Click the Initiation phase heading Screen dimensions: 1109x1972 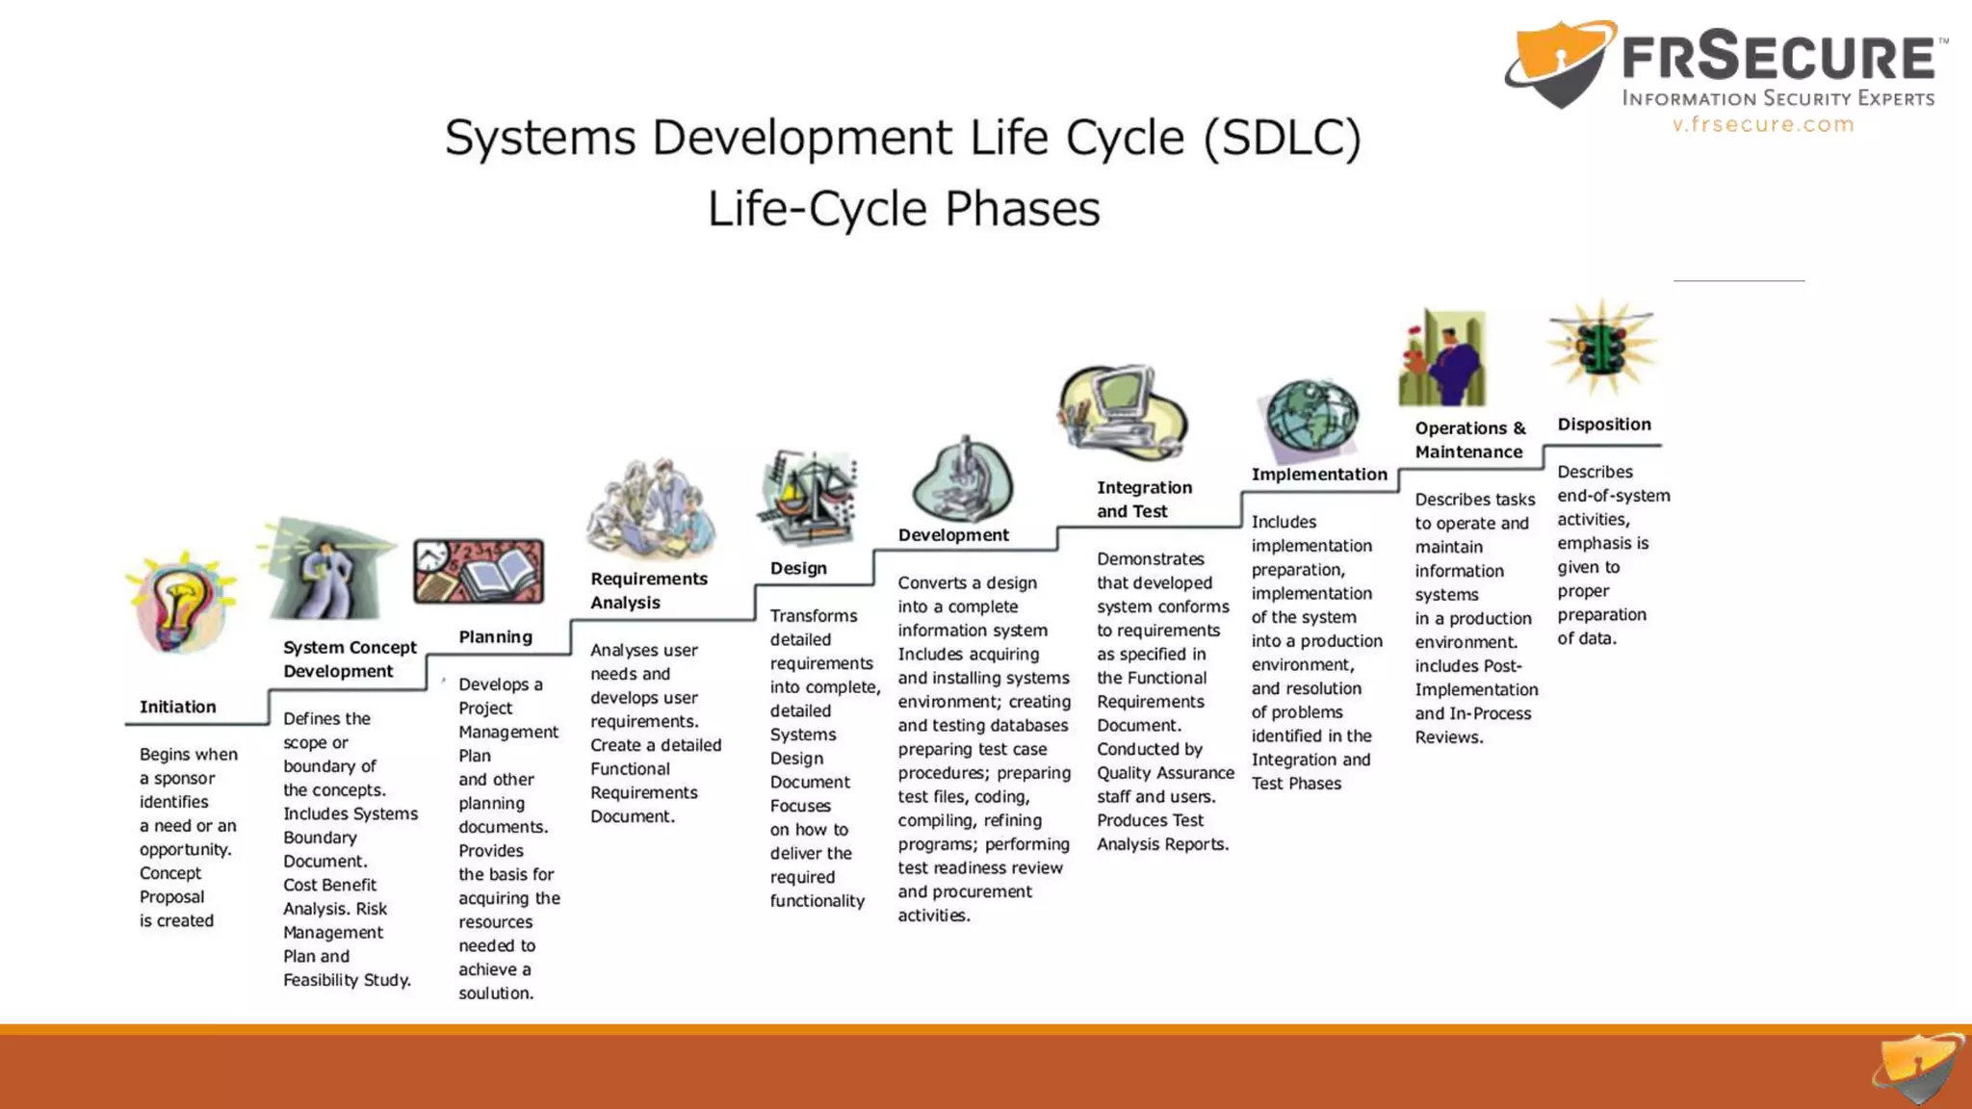(x=178, y=707)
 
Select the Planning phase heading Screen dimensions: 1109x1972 (x=495, y=636)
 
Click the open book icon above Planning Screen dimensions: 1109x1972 (x=479, y=571)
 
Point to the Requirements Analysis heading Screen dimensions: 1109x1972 (x=648, y=590)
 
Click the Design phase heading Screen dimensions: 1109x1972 (x=798, y=568)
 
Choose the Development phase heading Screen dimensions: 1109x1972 (x=953, y=535)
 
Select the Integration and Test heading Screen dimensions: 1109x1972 (x=1144, y=500)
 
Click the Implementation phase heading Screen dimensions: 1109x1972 (x=1319, y=475)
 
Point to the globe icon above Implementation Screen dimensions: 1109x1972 (x=1311, y=419)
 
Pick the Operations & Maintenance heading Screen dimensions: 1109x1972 (x=1470, y=440)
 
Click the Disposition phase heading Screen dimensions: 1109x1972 (x=1604, y=425)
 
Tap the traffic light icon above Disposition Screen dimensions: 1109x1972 (x=1602, y=348)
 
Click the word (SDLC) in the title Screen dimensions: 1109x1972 (x=1283, y=137)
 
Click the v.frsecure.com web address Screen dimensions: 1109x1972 (x=1763, y=124)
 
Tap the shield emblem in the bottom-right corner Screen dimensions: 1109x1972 (x=1919, y=1068)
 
